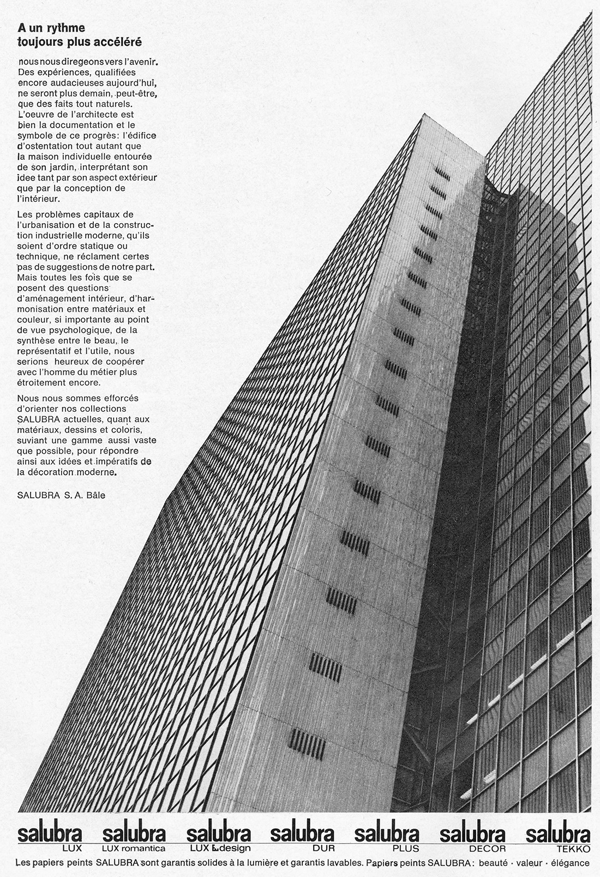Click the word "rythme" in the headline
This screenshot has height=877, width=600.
point(67,27)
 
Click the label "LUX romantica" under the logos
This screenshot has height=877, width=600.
point(134,848)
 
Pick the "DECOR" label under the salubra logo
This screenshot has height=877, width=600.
point(488,848)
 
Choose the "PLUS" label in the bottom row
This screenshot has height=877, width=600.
point(405,848)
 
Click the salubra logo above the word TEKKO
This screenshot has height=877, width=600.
point(558,834)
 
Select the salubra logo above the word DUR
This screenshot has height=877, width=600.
point(302,834)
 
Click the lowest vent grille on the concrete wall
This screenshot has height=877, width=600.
point(307,741)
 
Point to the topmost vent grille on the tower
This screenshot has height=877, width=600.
point(443,173)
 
